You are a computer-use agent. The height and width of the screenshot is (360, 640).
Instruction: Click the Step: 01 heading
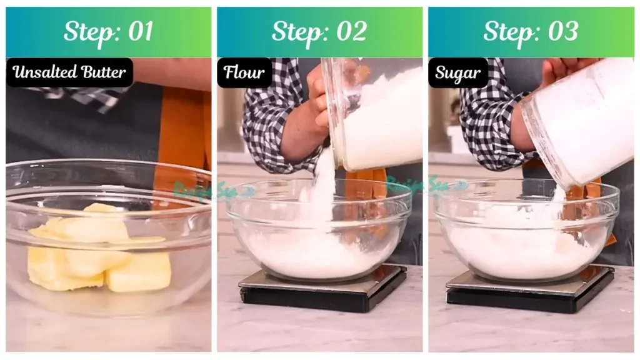coord(108,32)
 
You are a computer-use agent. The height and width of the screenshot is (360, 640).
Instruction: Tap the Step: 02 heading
coord(319,32)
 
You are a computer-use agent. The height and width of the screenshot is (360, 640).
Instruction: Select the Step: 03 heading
coord(531,32)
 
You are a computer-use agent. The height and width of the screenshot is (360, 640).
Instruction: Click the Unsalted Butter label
coord(69,72)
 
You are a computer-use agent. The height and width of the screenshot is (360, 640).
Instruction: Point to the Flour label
coord(244,72)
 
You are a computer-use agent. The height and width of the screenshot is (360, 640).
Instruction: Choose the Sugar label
coord(457,72)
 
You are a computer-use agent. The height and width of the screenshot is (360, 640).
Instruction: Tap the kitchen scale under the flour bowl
coord(322,291)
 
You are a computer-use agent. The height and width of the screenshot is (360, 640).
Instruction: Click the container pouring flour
coord(375,112)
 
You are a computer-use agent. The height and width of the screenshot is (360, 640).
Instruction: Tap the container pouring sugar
coord(578,119)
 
